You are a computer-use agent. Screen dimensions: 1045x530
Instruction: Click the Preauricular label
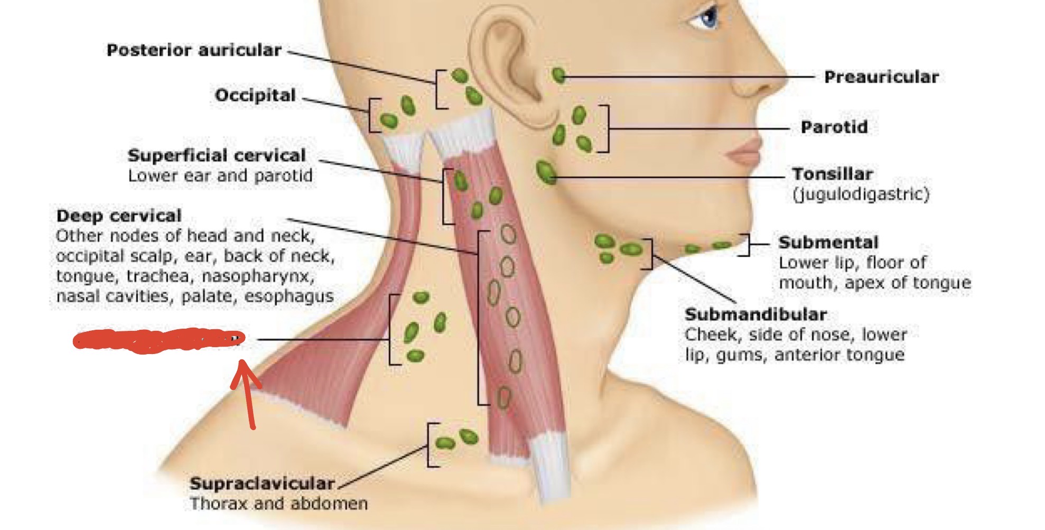[881, 77]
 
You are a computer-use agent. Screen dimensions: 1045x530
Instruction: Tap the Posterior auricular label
[194, 50]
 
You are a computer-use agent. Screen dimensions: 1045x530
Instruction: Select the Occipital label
[255, 95]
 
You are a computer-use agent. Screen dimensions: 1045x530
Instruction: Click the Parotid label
[834, 127]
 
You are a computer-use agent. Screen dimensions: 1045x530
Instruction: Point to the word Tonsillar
[832, 174]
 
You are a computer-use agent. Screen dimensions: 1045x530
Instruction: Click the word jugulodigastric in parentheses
[861, 194]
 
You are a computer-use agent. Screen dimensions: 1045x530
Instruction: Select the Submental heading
[828, 243]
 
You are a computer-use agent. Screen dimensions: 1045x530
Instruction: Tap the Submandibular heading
[755, 314]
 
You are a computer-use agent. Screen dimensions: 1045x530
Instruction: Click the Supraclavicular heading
[262, 483]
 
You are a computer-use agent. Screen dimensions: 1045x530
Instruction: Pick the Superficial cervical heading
[217, 155]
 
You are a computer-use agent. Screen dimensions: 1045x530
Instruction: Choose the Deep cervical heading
[119, 216]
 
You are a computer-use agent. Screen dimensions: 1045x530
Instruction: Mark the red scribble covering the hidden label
[158, 340]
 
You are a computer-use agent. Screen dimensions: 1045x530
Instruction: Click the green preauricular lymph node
[558, 76]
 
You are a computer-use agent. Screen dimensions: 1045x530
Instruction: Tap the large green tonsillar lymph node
[546, 172]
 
